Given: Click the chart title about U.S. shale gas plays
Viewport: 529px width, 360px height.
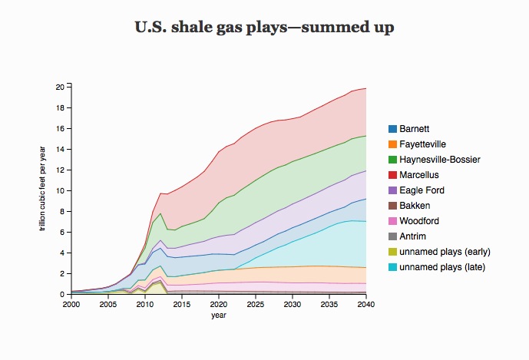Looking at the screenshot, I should [x=264, y=28].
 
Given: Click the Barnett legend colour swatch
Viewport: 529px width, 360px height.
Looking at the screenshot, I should [x=393, y=129].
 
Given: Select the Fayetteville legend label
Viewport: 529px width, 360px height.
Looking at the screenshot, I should [x=422, y=144].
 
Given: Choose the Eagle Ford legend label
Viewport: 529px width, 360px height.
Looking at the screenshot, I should [x=422, y=190].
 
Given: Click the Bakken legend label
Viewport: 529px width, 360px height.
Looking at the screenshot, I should [x=415, y=206].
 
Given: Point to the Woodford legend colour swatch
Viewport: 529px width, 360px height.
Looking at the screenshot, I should [x=393, y=221].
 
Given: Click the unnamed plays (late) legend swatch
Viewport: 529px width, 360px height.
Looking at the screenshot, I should [x=393, y=267].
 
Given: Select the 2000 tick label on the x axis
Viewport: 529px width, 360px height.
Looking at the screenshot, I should [x=71, y=305].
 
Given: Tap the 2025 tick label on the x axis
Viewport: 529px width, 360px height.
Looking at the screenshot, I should [x=256, y=305].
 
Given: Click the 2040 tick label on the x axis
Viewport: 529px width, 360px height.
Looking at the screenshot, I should [x=367, y=305].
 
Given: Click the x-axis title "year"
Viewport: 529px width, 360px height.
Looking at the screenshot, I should [x=219, y=315].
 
